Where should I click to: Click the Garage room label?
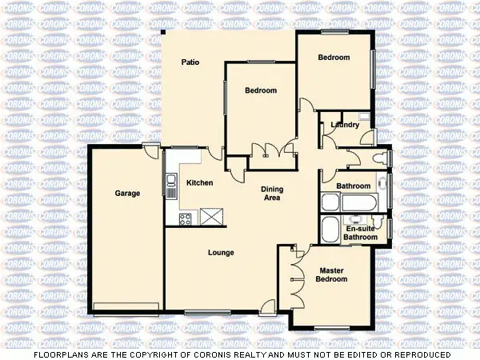pos(127,194)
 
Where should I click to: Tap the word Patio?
pos(190,62)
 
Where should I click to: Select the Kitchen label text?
pos(199,183)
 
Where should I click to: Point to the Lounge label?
pos(221,253)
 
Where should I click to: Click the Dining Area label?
pos(272,194)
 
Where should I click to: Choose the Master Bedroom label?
pos(331,275)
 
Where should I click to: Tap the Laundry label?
pos(345,125)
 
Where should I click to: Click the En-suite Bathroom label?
pos(360,233)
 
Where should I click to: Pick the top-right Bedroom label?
pos(334,58)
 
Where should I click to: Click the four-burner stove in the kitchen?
pos(185,218)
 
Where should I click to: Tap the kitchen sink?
pos(170,186)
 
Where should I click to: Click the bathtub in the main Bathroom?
pos(329,202)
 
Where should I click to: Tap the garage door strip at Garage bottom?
pos(124,306)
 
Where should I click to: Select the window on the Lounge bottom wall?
pos(202,312)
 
